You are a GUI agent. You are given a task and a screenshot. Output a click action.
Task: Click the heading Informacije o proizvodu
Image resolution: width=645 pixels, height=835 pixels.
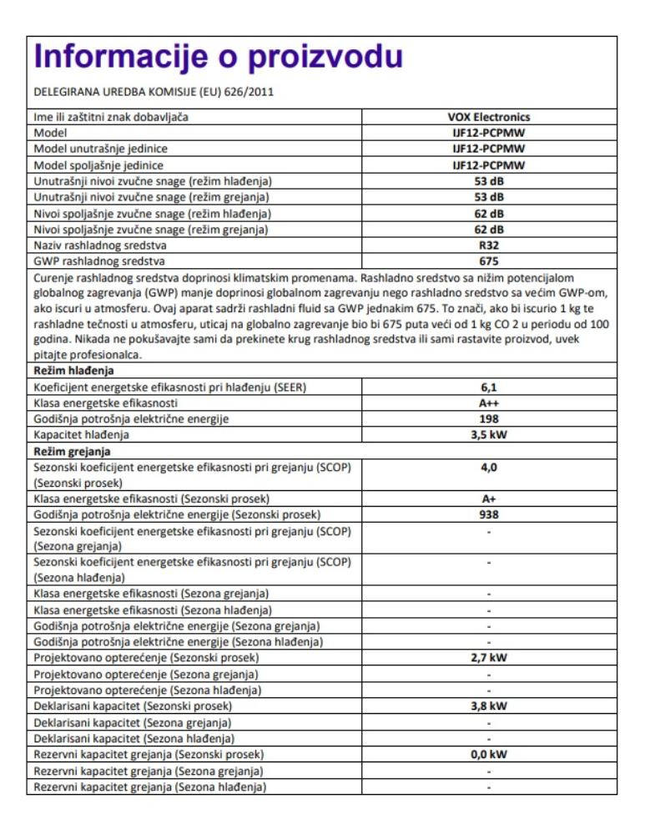217,57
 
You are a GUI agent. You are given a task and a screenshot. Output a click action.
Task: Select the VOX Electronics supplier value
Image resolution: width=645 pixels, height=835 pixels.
489,117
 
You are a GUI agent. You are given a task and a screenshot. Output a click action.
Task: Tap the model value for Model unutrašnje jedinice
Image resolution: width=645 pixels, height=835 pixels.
489,149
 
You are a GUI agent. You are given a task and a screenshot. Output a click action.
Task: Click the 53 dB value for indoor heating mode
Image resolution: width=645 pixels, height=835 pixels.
489,197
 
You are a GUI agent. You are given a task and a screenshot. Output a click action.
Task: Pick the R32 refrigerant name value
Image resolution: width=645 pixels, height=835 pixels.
489,245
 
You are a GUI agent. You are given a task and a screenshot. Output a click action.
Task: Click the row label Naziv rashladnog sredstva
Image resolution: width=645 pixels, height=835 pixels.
99,245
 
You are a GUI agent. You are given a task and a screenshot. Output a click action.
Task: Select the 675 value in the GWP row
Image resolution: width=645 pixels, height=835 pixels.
489,261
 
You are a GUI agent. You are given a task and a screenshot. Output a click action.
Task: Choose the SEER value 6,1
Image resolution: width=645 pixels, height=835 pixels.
489,387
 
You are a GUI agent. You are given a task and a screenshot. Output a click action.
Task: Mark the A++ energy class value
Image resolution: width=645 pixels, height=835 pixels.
489,402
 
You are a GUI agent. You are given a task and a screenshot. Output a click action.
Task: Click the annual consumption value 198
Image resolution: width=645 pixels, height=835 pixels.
489,418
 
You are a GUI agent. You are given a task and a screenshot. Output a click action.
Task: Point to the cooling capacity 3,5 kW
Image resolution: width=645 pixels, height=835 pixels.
489,435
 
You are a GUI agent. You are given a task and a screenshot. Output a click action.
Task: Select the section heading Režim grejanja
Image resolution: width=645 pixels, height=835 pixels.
72,451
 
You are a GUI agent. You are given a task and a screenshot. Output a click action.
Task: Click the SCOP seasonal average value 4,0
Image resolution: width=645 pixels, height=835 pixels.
489,468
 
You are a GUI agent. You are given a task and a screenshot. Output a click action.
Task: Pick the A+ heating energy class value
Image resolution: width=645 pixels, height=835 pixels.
489,499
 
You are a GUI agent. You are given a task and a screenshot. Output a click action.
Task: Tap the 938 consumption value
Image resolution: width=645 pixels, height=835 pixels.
489,515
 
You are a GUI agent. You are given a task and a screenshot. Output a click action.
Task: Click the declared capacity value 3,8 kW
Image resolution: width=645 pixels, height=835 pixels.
489,706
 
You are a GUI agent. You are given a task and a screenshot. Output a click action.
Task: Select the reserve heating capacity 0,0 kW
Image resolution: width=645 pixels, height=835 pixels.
489,754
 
